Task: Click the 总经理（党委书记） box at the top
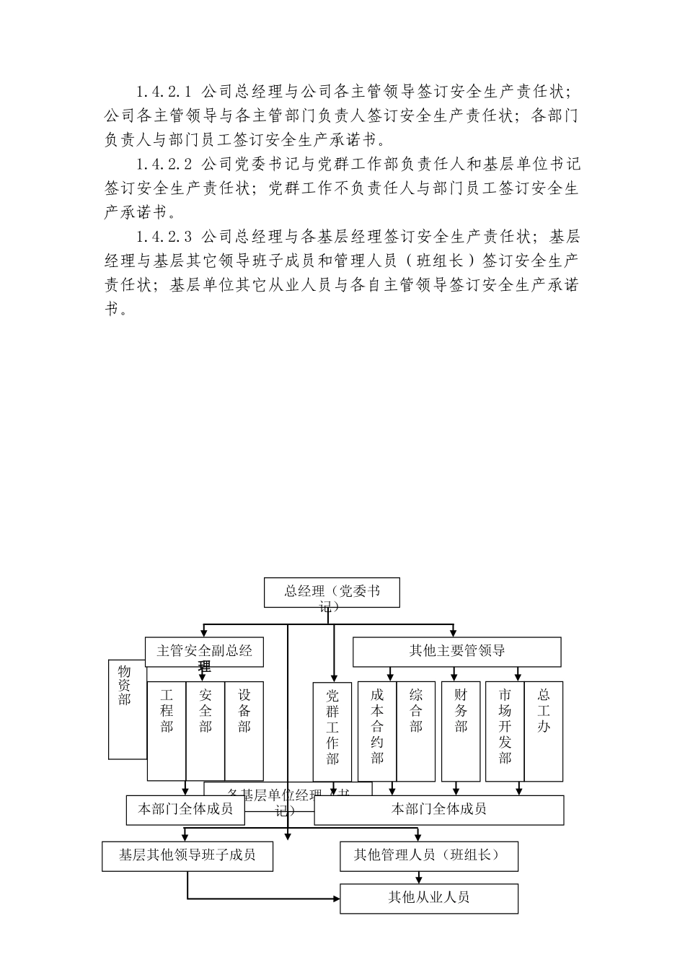pyautogui.click(x=331, y=593)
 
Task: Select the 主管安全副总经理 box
pyautogui.click(x=204, y=651)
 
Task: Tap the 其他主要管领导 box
pyautogui.click(x=456, y=651)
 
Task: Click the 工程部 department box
pyautogui.click(x=167, y=730)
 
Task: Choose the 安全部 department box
pyautogui.click(x=205, y=730)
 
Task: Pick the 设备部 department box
pyautogui.click(x=244, y=730)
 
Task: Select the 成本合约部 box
pyautogui.click(x=377, y=730)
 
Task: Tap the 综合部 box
pyautogui.click(x=416, y=730)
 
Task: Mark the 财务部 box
pyautogui.click(x=461, y=730)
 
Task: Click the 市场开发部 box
pyautogui.click(x=505, y=730)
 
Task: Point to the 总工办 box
pyautogui.click(x=544, y=730)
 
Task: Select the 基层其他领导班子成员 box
pyautogui.click(x=187, y=855)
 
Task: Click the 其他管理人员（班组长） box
pyautogui.click(x=429, y=855)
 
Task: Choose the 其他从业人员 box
pyautogui.click(x=429, y=898)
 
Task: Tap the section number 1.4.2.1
pyautogui.click(x=163, y=92)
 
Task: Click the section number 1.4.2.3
pyautogui.click(x=163, y=236)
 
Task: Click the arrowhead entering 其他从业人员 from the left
pyautogui.click(x=336, y=899)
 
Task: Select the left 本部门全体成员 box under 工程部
pyautogui.click(x=185, y=809)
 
